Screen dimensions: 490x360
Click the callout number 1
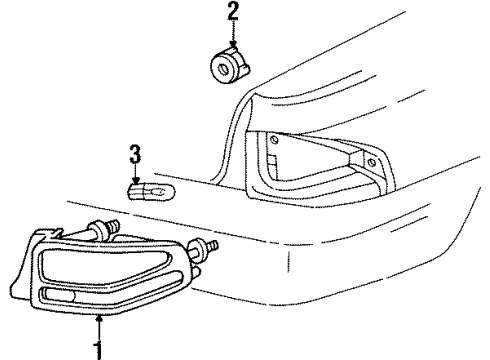click(x=99, y=350)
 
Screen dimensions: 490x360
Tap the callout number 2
click(x=233, y=13)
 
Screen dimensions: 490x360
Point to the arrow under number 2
click(x=233, y=38)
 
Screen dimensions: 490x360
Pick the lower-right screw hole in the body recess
click(x=372, y=161)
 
